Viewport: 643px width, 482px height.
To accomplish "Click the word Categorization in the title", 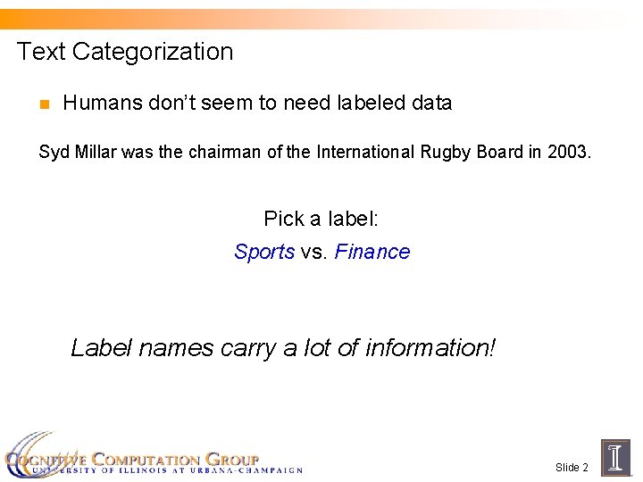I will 153,52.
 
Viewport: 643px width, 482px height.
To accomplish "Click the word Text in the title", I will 41,52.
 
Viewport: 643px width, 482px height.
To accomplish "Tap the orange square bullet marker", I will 43,104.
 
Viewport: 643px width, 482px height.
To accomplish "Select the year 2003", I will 569,152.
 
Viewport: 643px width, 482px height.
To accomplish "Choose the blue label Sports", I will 264,252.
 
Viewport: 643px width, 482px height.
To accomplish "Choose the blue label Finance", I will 372,252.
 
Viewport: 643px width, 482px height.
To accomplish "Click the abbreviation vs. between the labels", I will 314,252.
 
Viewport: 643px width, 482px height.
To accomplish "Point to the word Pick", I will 283,218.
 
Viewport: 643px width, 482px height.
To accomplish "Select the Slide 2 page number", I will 572,468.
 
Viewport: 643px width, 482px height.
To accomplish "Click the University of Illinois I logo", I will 616,456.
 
